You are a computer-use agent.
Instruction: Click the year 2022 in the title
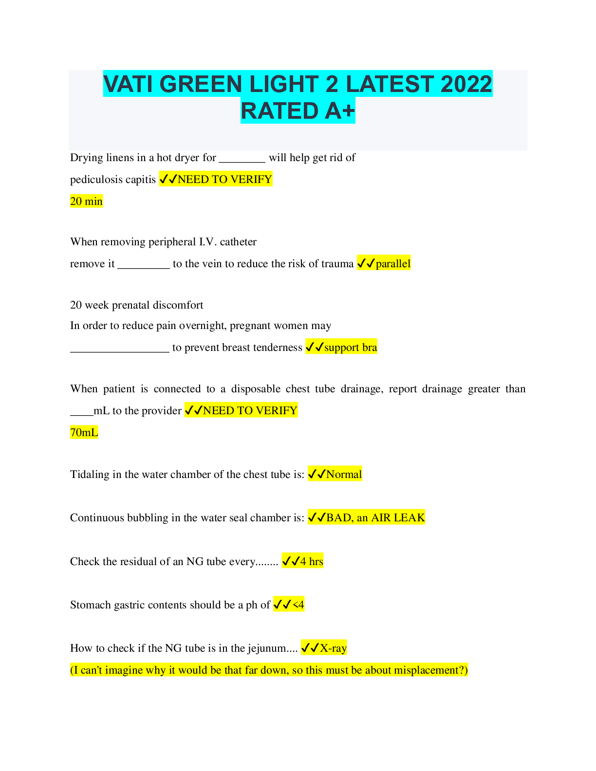coord(466,84)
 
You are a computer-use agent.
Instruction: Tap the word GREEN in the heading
coord(201,84)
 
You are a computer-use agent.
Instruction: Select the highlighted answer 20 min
coord(86,201)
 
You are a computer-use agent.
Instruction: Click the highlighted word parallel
coord(393,263)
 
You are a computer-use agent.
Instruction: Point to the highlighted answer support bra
coord(351,347)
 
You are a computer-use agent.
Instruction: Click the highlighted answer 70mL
coord(84,432)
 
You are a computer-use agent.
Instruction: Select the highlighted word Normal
coord(344,474)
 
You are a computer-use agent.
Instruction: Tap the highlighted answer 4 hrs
coord(312,561)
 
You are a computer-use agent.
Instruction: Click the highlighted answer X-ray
coord(333,648)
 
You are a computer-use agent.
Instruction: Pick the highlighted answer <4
coord(298,605)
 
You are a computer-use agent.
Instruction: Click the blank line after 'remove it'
coord(144,265)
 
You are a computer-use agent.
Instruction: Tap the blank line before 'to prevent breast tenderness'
coord(119,349)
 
